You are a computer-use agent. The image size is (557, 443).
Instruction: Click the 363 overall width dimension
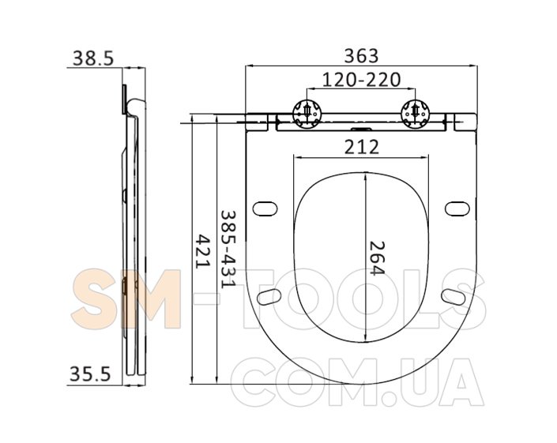tap(362, 56)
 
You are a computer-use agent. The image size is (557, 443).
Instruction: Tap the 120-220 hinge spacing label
tap(361, 80)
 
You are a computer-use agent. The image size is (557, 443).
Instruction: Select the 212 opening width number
tap(362, 147)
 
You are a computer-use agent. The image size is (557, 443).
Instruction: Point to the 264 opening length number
tap(377, 258)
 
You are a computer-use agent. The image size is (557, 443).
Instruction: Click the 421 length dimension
tap(204, 251)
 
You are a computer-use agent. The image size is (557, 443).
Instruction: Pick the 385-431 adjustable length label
tap(228, 250)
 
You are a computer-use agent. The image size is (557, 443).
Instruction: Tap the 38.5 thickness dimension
tap(93, 58)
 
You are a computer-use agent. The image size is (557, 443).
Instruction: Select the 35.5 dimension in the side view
tap(90, 374)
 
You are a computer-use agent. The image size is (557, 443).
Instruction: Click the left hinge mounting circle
tap(307, 114)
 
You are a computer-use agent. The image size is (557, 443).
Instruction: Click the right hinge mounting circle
tap(416, 114)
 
